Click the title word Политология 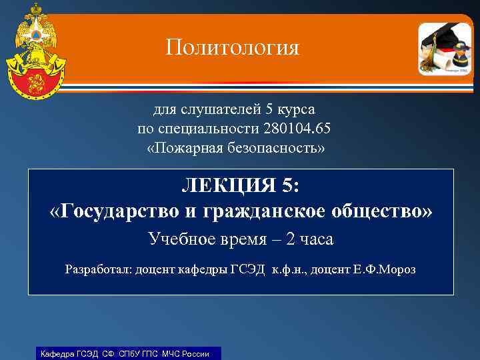pos(233,47)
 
